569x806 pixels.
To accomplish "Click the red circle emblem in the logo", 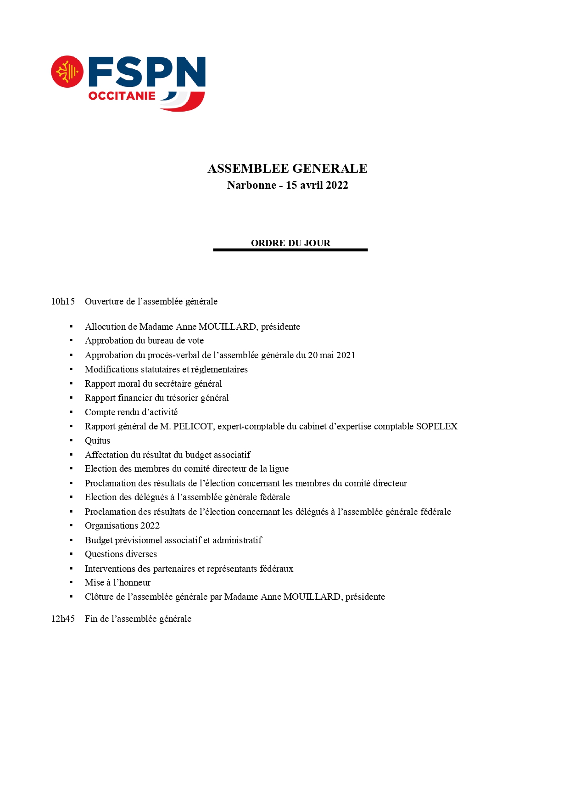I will pos(67,72).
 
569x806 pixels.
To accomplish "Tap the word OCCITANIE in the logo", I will pos(122,96).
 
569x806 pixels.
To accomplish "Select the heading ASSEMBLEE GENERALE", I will pos(287,169).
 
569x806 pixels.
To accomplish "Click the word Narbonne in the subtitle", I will pos(251,185).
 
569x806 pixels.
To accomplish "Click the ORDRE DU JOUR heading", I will pos(290,243).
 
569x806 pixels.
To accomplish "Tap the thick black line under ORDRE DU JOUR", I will pos(290,250).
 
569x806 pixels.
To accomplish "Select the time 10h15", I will pos(63,302).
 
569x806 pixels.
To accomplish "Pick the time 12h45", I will pos(63,619).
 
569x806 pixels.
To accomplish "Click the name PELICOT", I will pos(193,427).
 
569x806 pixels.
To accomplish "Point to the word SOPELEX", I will pos(436,427).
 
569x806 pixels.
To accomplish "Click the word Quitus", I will pos(97,441).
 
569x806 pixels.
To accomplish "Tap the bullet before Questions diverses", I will pos(71,554).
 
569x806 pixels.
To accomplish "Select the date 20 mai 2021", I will pos(331,355).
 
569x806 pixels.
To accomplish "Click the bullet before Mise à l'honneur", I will pos(71,583).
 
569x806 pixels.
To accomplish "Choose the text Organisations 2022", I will pos(122,526).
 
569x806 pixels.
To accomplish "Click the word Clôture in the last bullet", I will pos(99,597).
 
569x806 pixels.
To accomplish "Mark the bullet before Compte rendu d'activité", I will pos(71,412).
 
